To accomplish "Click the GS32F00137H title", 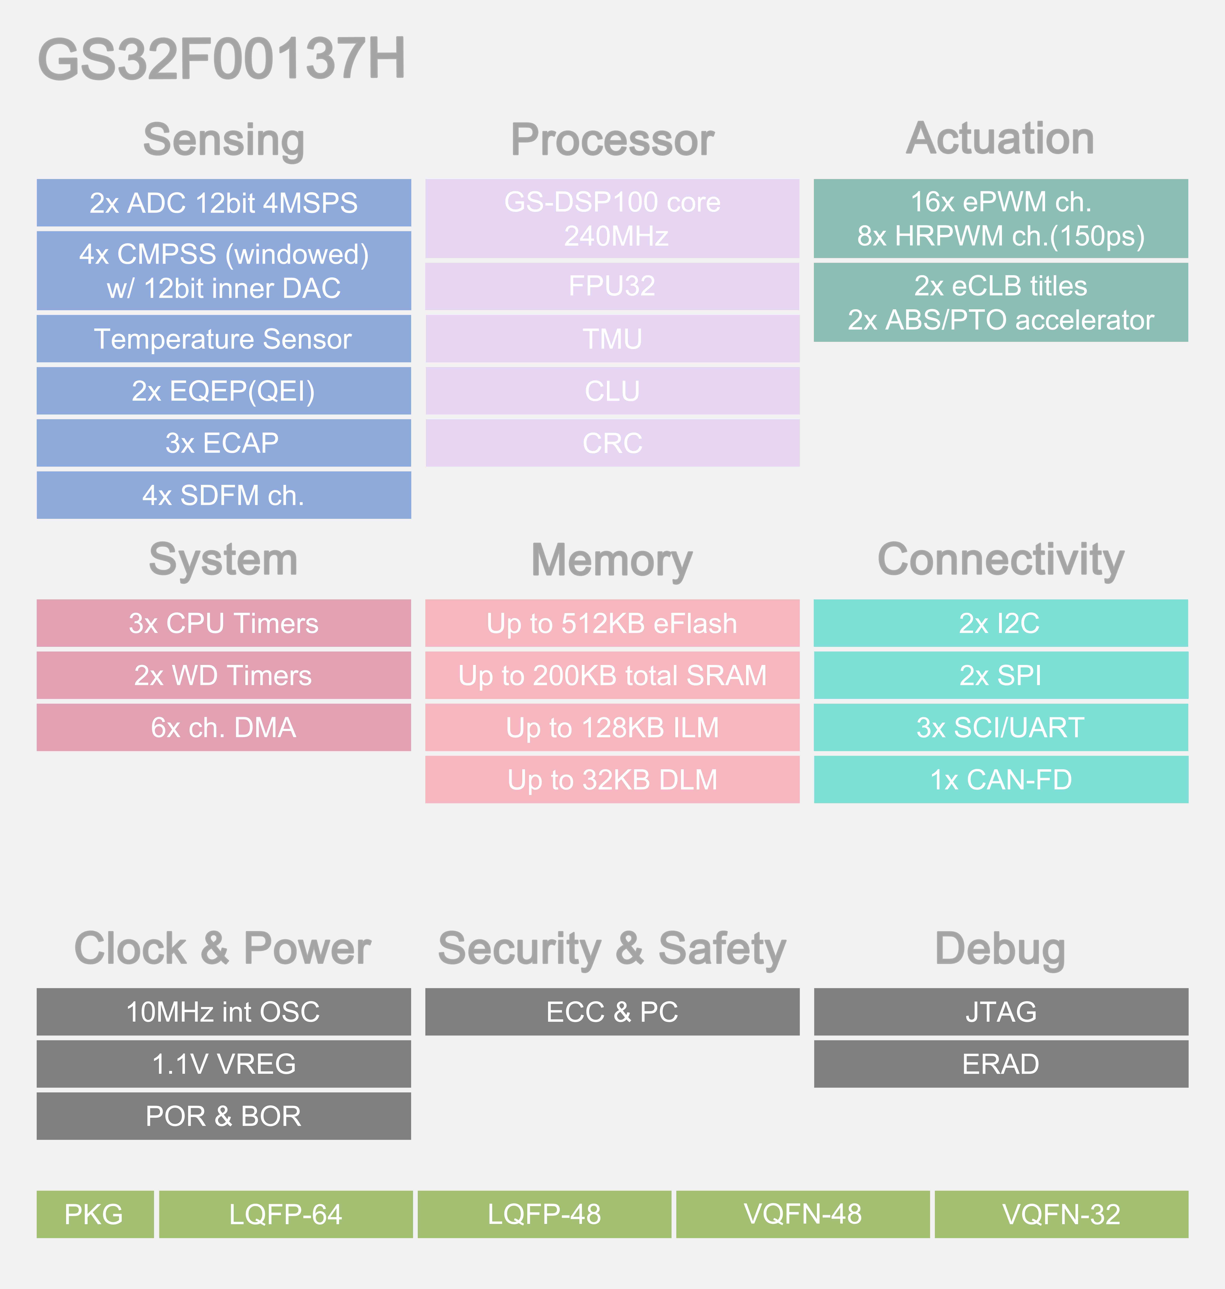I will tap(222, 59).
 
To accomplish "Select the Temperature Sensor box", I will tap(223, 339).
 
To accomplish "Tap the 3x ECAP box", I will tap(223, 443).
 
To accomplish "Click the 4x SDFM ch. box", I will tap(223, 495).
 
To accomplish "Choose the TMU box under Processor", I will tap(612, 339).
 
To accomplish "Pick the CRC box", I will tap(612, 443).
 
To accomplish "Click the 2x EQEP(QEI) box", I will tap(223, 391).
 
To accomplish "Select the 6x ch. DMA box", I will tap(223, 727).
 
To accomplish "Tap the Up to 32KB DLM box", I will tap(612, 779).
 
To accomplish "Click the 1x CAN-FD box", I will tap(1000, 779).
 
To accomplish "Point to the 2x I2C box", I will tap(1000, 623).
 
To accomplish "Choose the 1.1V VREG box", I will tap(223, 1064).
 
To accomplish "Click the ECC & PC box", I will tap(612, 1012).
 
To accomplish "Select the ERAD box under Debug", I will tap(1000, 1064).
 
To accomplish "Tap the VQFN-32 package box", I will tap(1061, 1214).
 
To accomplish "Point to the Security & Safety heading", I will tap(612, 948).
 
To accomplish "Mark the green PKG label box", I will tap(95, 1214).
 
